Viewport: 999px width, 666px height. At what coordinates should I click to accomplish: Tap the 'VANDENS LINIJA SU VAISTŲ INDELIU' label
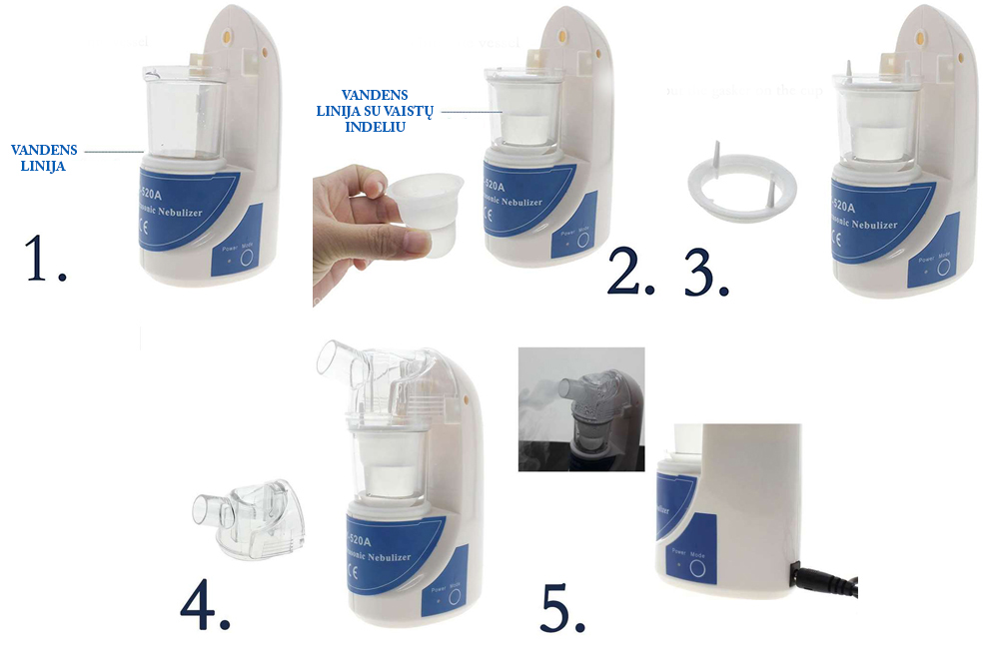[375, 111]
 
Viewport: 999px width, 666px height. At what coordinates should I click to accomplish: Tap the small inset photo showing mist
[580, 408]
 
